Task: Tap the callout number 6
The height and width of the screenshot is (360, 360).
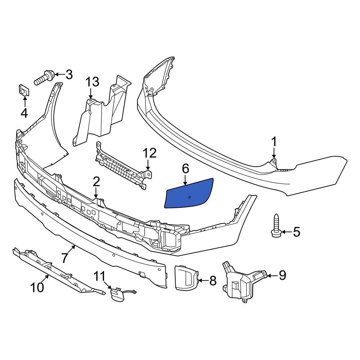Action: point(185,168)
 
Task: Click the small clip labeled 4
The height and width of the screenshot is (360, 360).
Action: point(24,90)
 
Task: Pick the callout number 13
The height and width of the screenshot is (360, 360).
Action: point(92,82)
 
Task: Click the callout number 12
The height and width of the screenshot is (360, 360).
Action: point(149,154)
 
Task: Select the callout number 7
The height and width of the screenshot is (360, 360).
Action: point(64,258)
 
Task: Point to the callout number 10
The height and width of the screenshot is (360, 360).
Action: point(37,287)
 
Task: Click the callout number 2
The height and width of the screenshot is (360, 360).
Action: point(96,181)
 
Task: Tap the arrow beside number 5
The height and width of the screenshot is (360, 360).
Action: point(285,232)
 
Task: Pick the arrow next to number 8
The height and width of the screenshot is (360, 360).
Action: point(202,280)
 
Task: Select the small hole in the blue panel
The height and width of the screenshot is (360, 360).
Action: point(190,197)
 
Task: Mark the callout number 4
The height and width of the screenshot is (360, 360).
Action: point(24,113)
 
